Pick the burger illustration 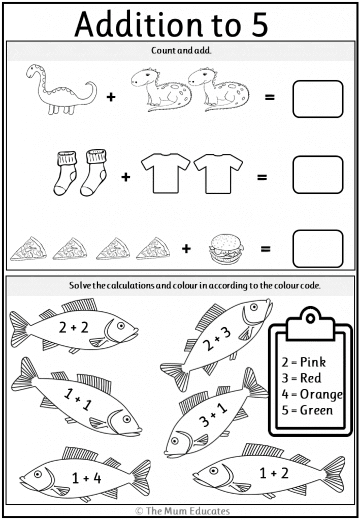click(226, 249)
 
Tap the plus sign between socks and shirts click(125, 177)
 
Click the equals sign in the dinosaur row click(270, 97)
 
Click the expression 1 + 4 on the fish click(86, 478)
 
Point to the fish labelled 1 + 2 click(269, 471)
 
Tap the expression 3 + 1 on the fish click(213, 415)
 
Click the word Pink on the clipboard click(313, 362)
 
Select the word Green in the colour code click(316, 410)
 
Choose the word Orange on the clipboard click(321, 394)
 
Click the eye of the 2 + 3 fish click(253, 307)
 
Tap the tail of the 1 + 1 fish click(24, 376)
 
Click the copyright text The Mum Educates click(183, 511)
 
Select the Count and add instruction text click(181, 50)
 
